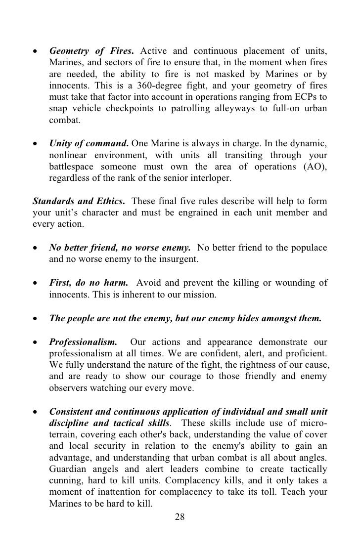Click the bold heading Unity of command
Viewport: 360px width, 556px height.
(x=87, y=143)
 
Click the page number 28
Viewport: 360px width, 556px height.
(x=180, y=517)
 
